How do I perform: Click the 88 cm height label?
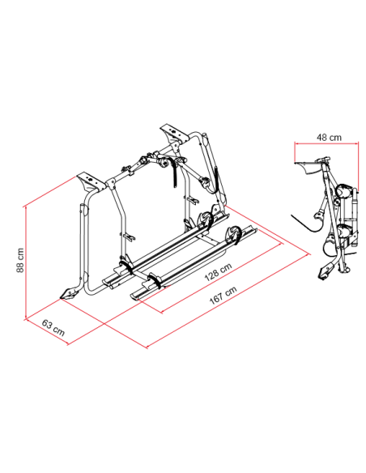(x=20, y=260)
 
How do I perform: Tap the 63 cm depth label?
(x=53, y=328)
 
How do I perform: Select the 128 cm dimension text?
(x=219, y=271)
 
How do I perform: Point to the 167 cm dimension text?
(x=223, y=295)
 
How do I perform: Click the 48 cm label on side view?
(x=329, y=138)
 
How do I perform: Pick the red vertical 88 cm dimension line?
(x=26, y=262)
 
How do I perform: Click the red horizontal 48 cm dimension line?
(x=327, y=143)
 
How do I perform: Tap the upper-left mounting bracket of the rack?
(x=89, y=182)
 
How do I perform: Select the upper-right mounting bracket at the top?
(x=173, y=134)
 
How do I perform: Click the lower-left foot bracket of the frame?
(x=69, y=294)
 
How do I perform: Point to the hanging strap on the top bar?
(x=175, y=172)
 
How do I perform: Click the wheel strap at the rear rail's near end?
(x=127, y=266)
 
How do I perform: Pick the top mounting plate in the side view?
(x=309, y=166)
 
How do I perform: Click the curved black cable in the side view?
(x=306, y=224)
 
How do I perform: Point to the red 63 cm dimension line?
(x=47, y=332)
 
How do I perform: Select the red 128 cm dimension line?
(x=222, y=279)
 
